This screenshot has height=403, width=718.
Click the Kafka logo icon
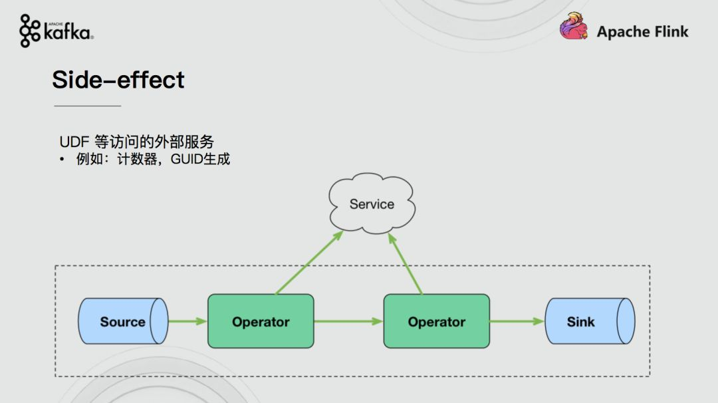click(30, 31)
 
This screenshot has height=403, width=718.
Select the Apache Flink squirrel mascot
click(574, 26)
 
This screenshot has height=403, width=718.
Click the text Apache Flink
click(642, 32)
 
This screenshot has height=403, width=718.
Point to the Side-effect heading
click(118, 80)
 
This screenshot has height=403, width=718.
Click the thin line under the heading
click(88, 106)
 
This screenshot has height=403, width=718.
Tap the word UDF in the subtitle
click(74, 142)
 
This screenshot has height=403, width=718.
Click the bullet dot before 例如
click(62, 160)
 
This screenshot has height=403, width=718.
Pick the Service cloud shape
click(372, 203)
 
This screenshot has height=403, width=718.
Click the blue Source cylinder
click(123, 321)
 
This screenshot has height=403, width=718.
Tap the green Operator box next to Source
click(261, 321)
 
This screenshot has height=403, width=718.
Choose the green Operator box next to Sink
click(437, 321)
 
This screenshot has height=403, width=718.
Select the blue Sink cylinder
click(590, 321)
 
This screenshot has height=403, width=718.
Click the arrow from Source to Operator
click(187, 321)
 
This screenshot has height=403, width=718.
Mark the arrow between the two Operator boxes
click(348, 321)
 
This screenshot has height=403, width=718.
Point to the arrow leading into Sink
click(517, 321)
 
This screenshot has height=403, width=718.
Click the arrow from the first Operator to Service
click(310, 263)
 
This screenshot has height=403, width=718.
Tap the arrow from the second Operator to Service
click(405, 263)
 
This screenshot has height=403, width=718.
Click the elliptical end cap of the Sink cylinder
click(626, 321)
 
